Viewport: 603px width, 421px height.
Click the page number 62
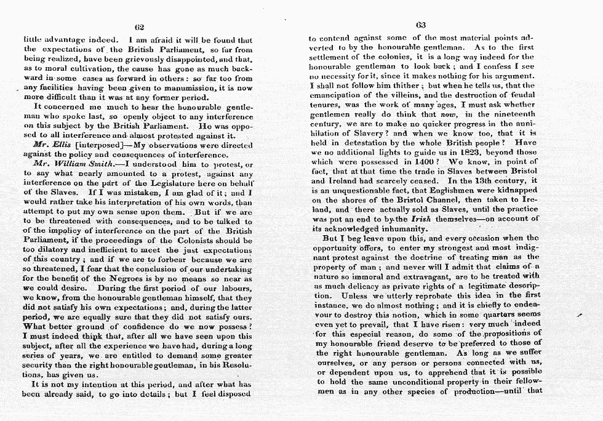click(139, 26)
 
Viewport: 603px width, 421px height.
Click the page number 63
click(421, 26)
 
